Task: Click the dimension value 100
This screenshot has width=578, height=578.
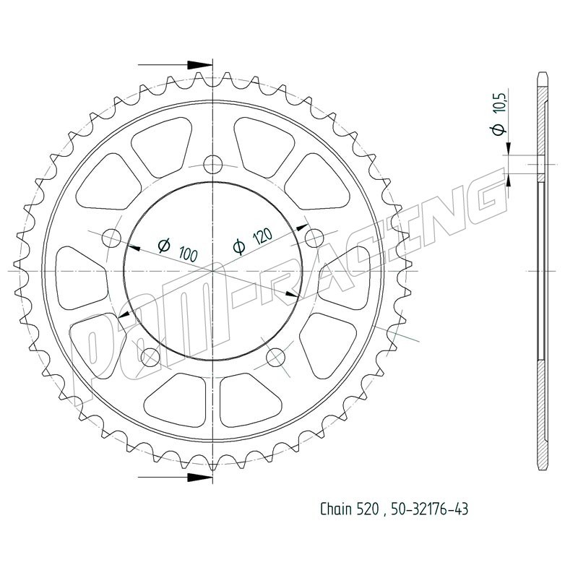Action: click(x=189, y=254)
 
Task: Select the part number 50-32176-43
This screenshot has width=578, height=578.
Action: click(x=429, y=509)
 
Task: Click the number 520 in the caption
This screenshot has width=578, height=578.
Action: click(x=368, y=509)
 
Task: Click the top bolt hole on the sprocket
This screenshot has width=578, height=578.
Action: click(x=213, y=164)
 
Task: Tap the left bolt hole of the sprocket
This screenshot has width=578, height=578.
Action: click(x=112, y=238)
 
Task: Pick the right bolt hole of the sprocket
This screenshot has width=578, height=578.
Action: click(x=314, y=238)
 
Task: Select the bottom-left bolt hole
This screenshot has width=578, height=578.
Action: click(x=150, y=357)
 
